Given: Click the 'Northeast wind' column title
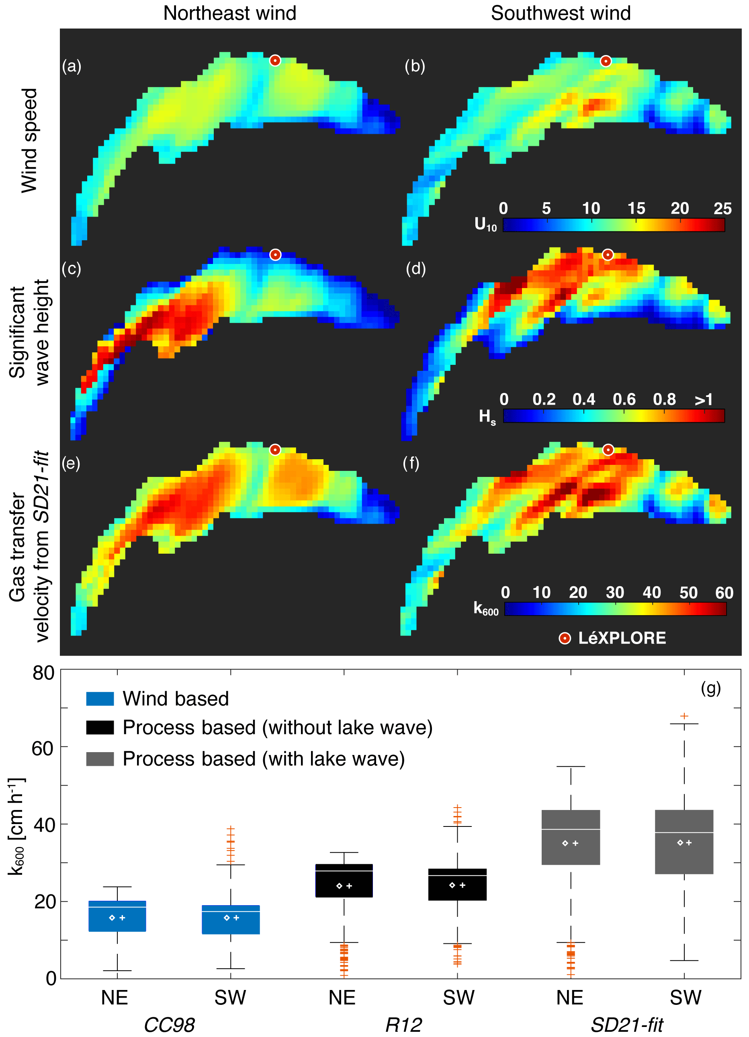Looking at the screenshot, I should click(x=229, y=13).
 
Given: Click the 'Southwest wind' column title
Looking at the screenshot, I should click(x=561, y=13).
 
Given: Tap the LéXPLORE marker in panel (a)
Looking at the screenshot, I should click(x=275, y=60).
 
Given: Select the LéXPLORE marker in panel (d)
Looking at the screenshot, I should click(x=607, y=255).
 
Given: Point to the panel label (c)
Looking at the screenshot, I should click(x=72, y=269).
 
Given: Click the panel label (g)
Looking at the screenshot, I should click(x=710, y=688).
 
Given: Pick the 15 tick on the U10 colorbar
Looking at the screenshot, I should click(x=636, y=209).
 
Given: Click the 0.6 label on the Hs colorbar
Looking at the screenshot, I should click(x=624, y=400).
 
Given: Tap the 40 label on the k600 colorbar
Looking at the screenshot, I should click(x=652, y=593).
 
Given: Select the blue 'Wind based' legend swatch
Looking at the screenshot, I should click(x=100, y=699).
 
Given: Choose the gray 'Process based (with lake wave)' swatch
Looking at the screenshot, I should click(x=100, y=759).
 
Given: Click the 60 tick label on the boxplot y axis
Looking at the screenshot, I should click(x=43, y=749).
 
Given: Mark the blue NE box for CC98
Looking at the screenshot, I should click(x=117, y=916).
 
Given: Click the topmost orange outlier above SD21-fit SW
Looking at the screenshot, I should click(x=684, y=716).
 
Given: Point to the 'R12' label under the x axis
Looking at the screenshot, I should click(x=403, y=1025).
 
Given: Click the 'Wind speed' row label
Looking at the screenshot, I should click(x=30, y=140).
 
